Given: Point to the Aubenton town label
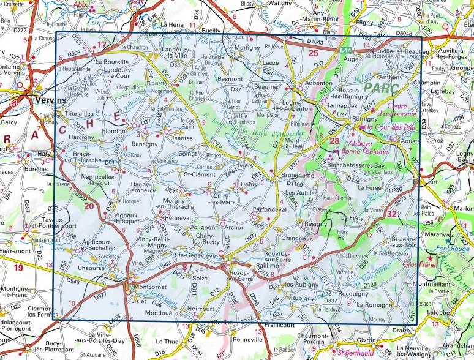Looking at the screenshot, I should pyautogui.click(x=310, y=82).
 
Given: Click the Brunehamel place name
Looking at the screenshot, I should pyautogui.click(x=297, y=175).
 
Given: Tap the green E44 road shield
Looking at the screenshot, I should pyautogui.click(x=346, y=49).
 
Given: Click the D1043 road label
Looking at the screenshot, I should pyautogui.click(x=315, y=42).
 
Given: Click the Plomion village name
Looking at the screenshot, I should pyautogui.click(x=115, y=131).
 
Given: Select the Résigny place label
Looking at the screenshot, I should pyautogui.click(x=315, y=224).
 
